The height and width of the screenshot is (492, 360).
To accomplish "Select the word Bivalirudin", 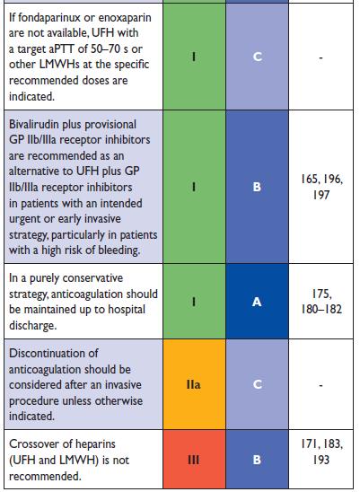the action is click(x=35, y=124).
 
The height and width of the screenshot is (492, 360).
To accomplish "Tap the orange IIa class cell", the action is click(x=194, y=384).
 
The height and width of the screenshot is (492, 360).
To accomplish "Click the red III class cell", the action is click(x=194, y=459).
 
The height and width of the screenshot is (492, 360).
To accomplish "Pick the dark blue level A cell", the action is click(x=257, y=302).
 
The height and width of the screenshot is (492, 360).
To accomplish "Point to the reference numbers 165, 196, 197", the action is click(x=321, y=187).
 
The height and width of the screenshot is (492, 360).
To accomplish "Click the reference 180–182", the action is click(x=321, y=310).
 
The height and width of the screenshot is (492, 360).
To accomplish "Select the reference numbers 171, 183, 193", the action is click(x=321, y=452).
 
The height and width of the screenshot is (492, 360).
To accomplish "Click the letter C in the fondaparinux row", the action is click(x=257, y=57).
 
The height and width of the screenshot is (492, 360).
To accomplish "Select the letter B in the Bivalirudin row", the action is click(x=257, y=187).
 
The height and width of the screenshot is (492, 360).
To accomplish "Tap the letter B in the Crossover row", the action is click(x=257, y=460).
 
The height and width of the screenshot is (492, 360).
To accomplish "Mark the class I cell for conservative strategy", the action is click(x=194, y=302).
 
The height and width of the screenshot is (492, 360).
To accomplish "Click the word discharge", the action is click(x=33, y=325).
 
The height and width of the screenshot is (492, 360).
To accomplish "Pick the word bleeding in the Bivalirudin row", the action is click(x=119, y=250).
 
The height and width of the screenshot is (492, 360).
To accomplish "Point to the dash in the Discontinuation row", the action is click(x=321, y=385).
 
